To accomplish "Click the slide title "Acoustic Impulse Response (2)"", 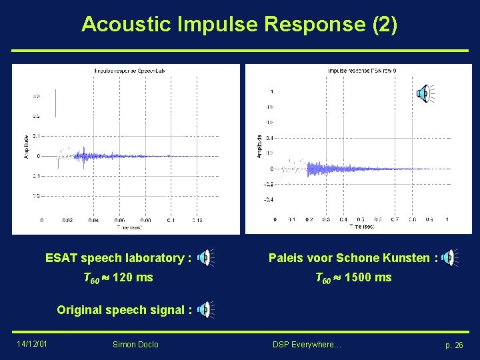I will pos(239,25).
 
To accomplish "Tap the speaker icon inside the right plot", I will pos(423,94).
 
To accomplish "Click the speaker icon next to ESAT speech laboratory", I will pos(207,257).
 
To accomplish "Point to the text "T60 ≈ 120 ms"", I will pos(117,277).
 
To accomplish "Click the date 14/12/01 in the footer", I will pos(31,345).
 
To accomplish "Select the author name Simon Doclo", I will pos(135,345).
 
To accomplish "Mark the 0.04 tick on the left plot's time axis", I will pos(93,219).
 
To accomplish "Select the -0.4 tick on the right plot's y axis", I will pos(269,199).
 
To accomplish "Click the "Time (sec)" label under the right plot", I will pos(362,227).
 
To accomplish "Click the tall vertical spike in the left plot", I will pos(56,103).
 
